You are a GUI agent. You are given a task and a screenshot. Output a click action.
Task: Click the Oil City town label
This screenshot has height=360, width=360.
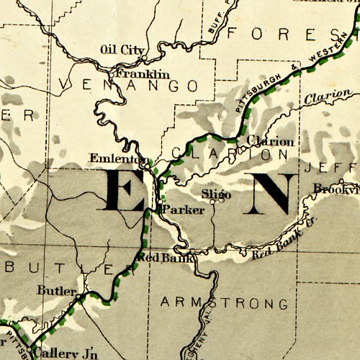(120, 50)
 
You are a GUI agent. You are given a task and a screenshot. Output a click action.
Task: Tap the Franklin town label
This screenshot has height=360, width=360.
(143, 74)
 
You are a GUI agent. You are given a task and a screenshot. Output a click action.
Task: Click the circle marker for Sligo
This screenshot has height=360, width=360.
(213, 201)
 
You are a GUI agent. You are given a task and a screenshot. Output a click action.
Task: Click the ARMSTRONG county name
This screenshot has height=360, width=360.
(228, 301)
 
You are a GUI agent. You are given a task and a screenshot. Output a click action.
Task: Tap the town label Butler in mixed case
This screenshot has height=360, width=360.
(55, 291)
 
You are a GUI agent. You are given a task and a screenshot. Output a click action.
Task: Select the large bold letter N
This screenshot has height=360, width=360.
(269, 194)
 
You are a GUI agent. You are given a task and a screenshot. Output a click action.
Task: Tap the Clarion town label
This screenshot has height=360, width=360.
(269, 141)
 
